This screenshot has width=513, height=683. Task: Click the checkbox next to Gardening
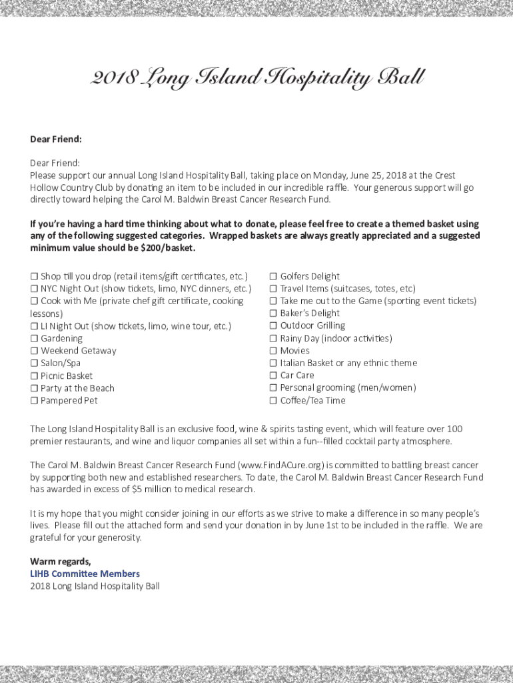(x=34, y=338)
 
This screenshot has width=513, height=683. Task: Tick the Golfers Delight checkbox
(x=273, y=276)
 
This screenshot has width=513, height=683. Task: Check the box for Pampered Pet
(x=34, y=401)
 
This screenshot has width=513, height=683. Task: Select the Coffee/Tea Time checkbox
(x=273, y=401)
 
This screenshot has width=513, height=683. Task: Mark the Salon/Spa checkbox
(x=34, y=364)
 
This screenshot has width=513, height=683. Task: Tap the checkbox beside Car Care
(x=273, y=376)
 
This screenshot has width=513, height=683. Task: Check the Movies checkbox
(x=273, y=351)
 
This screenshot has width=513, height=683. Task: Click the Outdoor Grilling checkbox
(x=273, y=326)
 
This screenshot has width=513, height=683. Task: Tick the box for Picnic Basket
(x=34, y=376)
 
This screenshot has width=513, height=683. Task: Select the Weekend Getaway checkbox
(x=34, y=351)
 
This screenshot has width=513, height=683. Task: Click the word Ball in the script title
(x=400, y=79)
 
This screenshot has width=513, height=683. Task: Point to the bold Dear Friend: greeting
(x=56, y=139)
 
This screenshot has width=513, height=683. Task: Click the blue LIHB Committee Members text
(x=85, y=574)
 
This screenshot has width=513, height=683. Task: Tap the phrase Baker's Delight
(x=310, y=313)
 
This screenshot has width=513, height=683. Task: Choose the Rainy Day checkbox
(x=273, y=338)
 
